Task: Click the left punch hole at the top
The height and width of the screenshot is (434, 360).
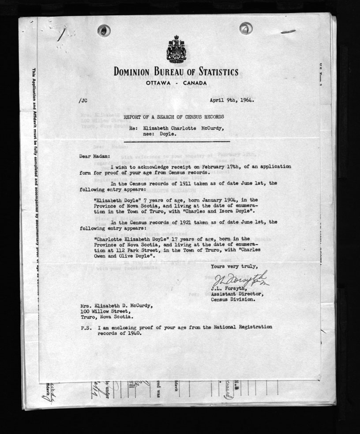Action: pyautogui.click(x=104, y=30)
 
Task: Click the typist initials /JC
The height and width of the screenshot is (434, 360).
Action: pyautogui.click(x=82, y=100)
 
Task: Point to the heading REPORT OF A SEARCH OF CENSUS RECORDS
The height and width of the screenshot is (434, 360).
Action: pyautogui.click(x=173, y=117)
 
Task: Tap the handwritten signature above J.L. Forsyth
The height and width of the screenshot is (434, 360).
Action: pyautogui.click(x=240, y=279)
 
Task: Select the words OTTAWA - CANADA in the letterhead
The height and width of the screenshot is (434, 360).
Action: pyautogui.click(x=176, y=83)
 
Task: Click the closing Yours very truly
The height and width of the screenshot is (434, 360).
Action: pyautogui.click(x=232, y=267)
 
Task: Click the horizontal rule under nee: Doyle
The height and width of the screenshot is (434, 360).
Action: pyautogui.click(x=176, y=142)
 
